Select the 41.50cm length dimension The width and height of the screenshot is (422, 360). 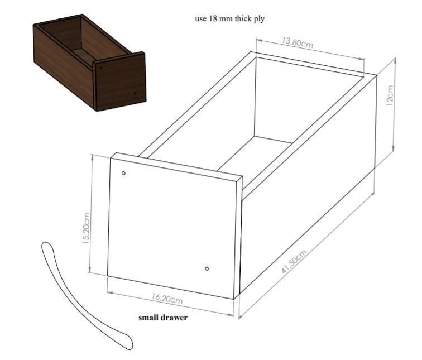click(x=294, y=261)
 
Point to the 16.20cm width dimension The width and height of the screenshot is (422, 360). click(x=167, y=299)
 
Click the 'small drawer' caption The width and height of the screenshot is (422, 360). click(x=163, y=318)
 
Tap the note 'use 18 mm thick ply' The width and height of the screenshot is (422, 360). click(x=229, y=18)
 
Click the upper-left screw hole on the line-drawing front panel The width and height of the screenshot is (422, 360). click(x=124, y=173)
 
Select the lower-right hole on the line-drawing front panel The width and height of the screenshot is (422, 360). click(x=207, y=269)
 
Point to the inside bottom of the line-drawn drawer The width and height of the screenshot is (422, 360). click(x=257, y=156)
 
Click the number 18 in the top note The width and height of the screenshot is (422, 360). click(x=212, y=18)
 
